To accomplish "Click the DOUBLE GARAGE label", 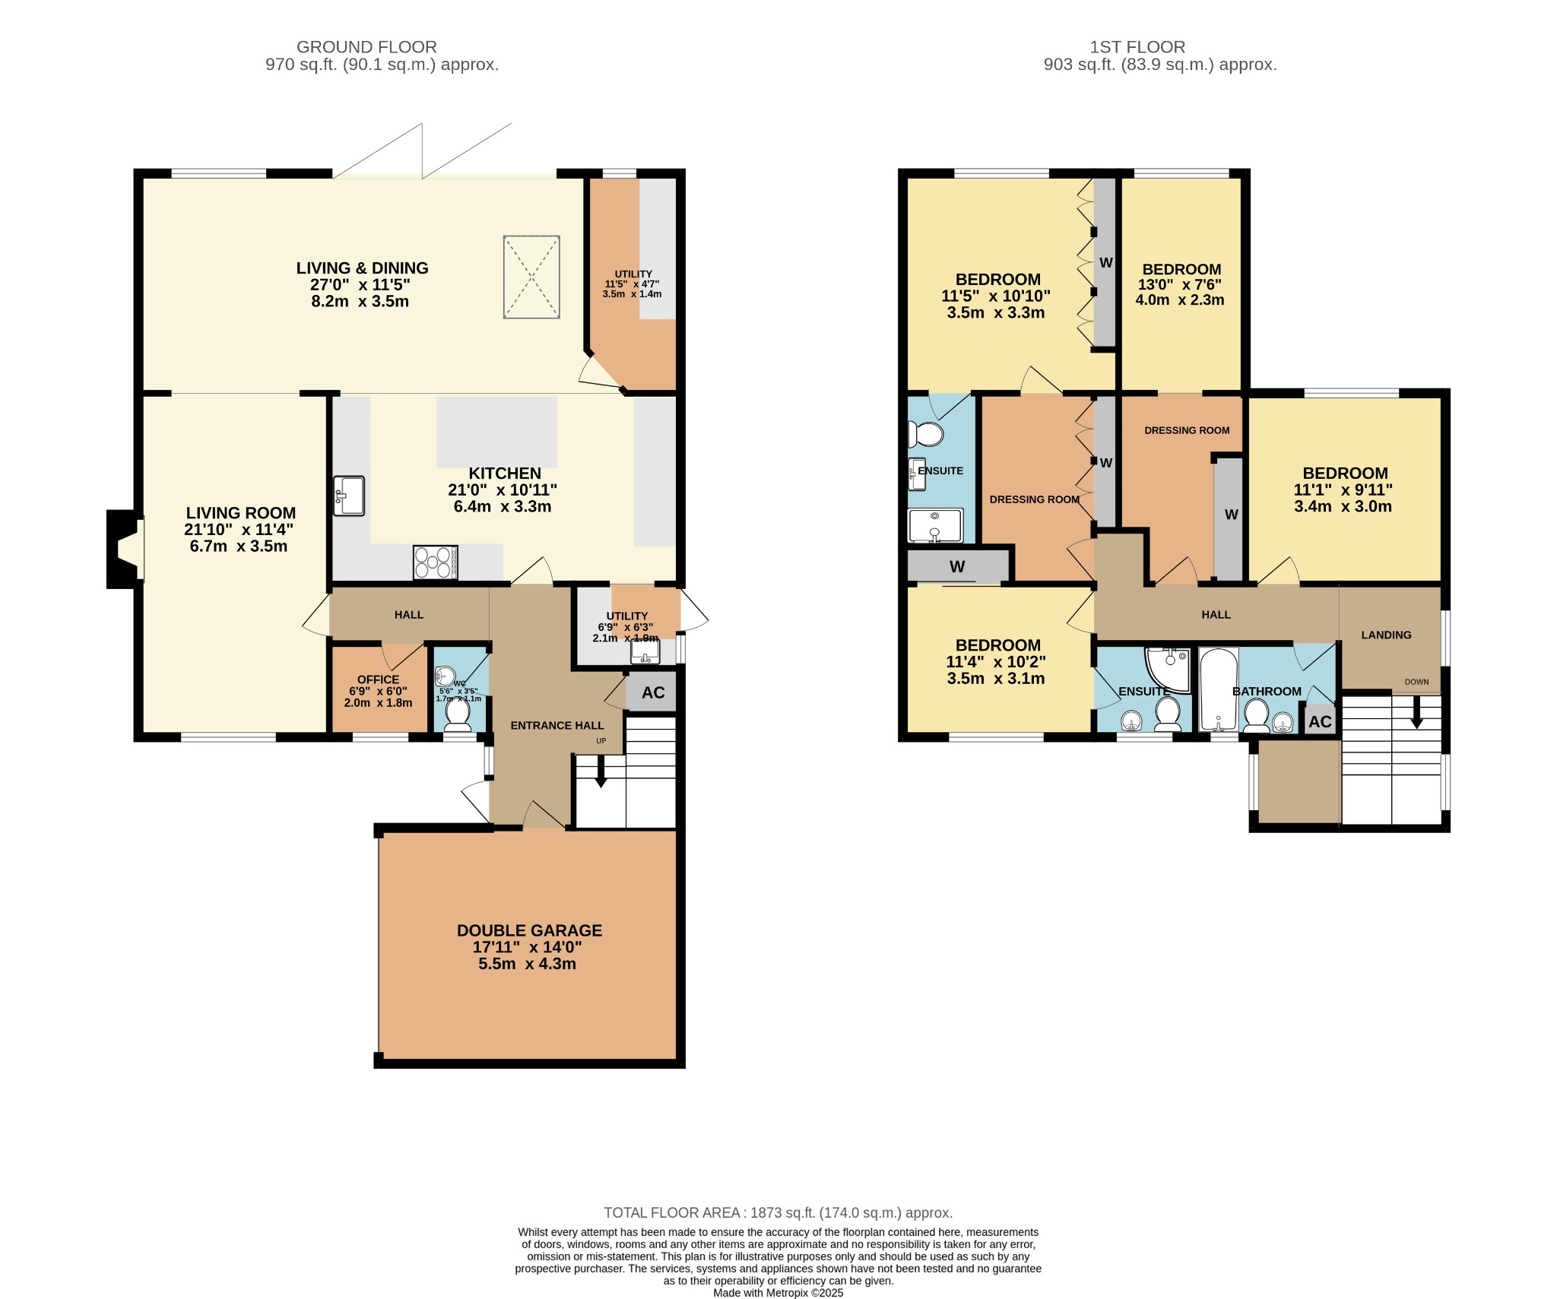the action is (529, 930).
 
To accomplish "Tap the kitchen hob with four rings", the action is (436, 562).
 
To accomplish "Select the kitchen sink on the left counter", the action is (349, 496).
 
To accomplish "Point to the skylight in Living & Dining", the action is (531, 277).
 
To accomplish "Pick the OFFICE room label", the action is (378, 680).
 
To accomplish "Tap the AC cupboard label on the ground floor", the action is (653, 692).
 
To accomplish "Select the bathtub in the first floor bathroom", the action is (1219, 689).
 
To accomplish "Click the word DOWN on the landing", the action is (1416, 682).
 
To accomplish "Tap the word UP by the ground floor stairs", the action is (601, 740).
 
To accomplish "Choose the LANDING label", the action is (1386, 635).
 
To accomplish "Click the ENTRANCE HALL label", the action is (557, 725).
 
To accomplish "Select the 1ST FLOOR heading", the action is (1137, 47).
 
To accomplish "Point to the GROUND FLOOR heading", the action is (366, 47).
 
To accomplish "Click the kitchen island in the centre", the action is (496, 432).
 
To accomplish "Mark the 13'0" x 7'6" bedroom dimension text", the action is (1181, 285).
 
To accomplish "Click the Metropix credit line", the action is (778, 1292).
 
